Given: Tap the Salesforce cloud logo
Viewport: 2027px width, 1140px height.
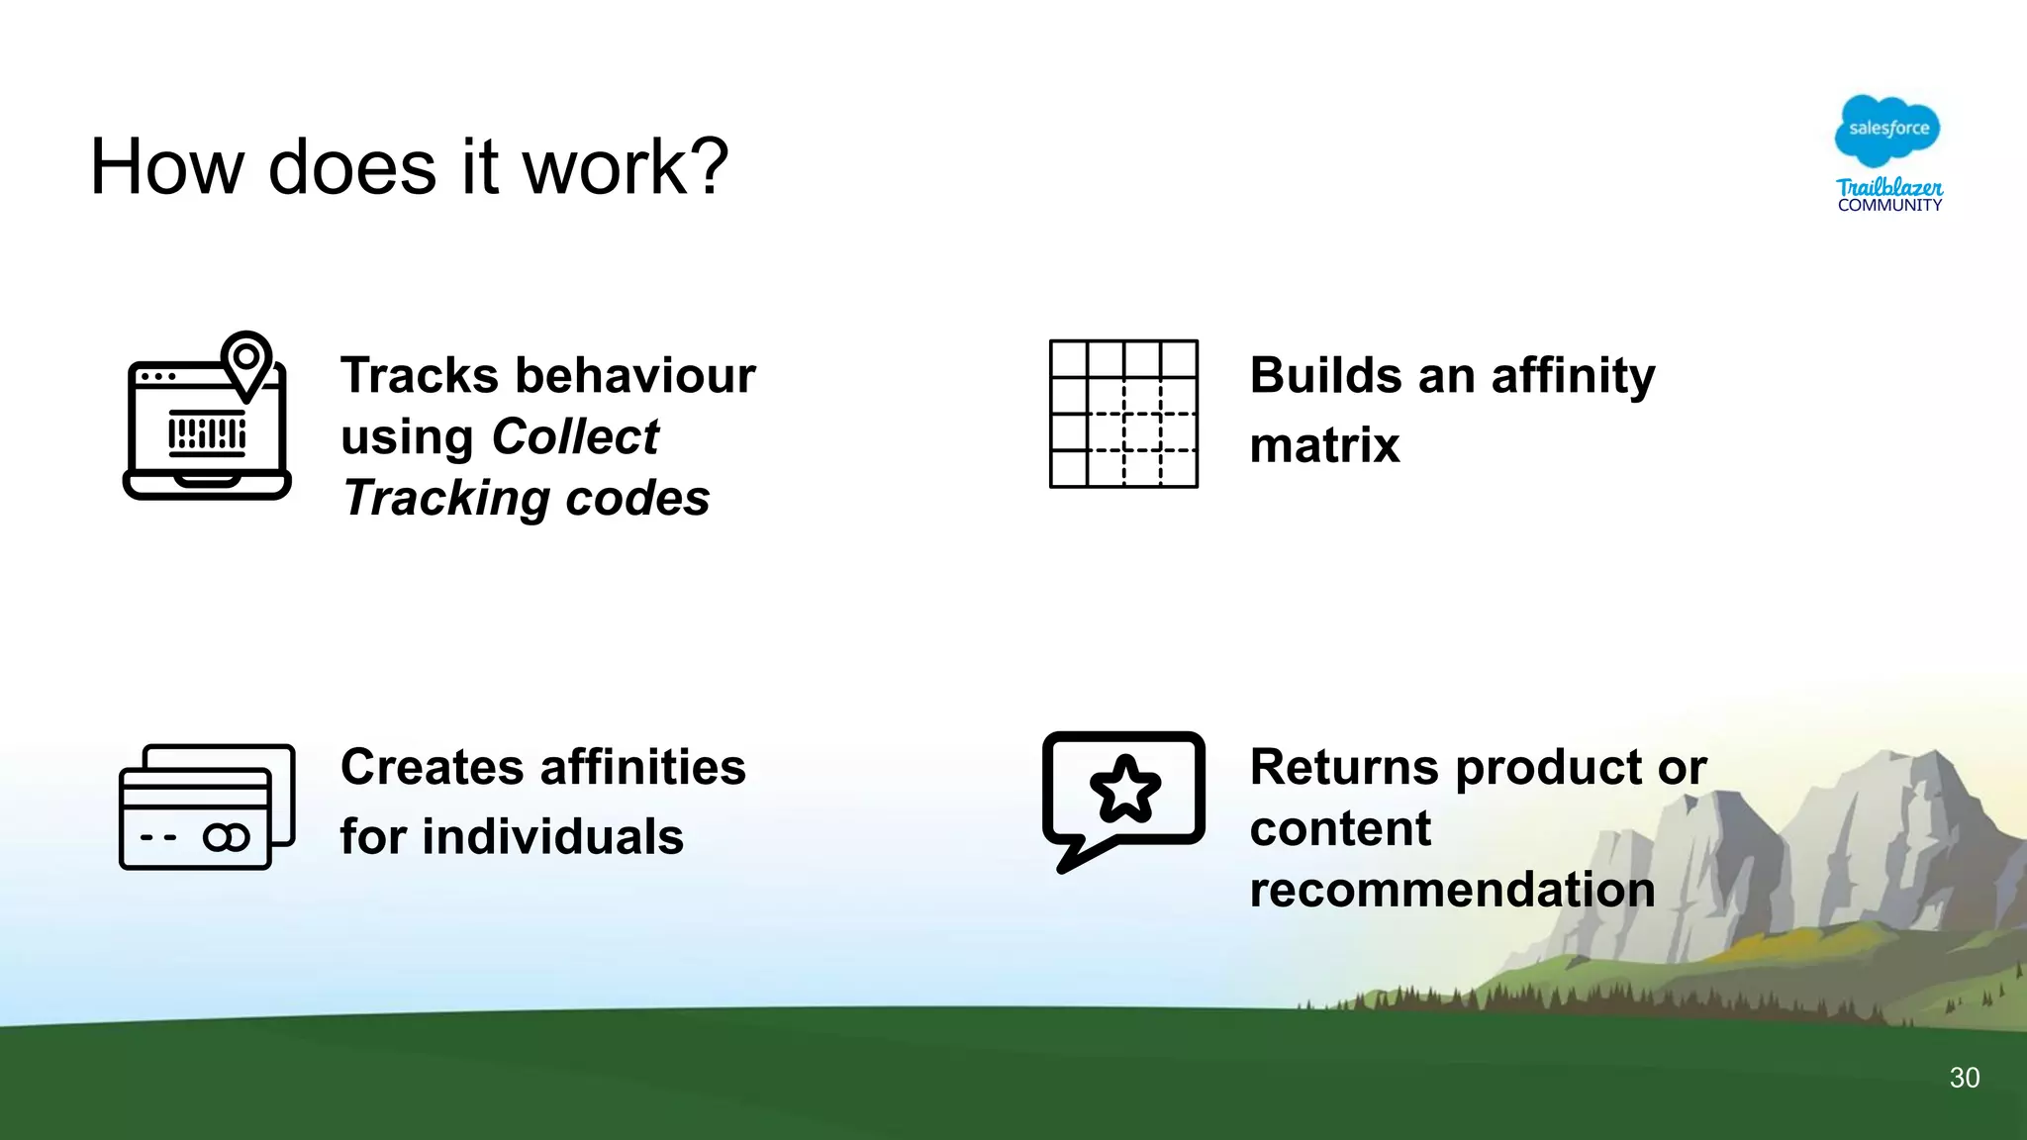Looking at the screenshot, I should tap(1887, 130).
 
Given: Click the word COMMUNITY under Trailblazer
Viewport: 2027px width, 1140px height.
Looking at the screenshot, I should tap(1889, 206).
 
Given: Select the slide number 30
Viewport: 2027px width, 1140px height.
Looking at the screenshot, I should tap(1964, 1078).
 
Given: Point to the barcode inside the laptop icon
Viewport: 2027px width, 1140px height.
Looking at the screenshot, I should tap(207, 433).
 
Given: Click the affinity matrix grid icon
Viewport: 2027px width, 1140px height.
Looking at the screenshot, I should tap(1123, 414).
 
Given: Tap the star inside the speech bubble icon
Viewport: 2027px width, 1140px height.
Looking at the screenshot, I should tap(1124, 789).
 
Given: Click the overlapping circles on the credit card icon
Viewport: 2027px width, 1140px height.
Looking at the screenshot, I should tap(227, 838).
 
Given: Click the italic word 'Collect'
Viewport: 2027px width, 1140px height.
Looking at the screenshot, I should tap(575, 436).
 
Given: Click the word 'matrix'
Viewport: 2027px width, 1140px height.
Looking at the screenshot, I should tap(1324, 445).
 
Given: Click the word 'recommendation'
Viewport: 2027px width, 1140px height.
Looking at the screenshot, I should tap(1452, 890).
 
